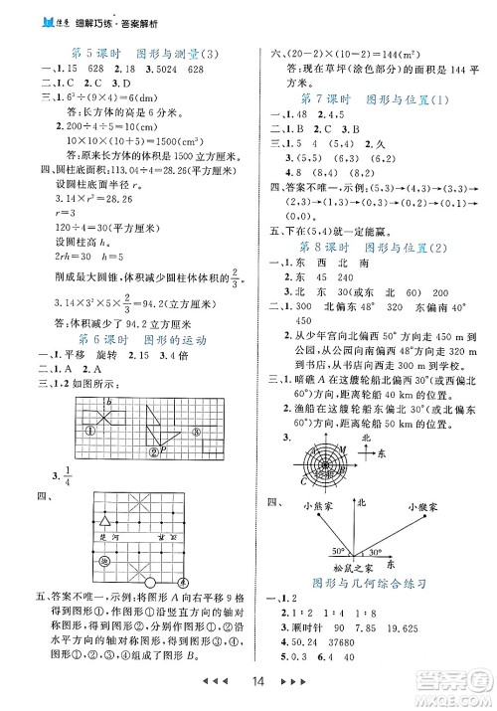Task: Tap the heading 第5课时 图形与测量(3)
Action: tap(130, 52)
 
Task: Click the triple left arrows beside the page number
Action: tap(218, 686)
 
